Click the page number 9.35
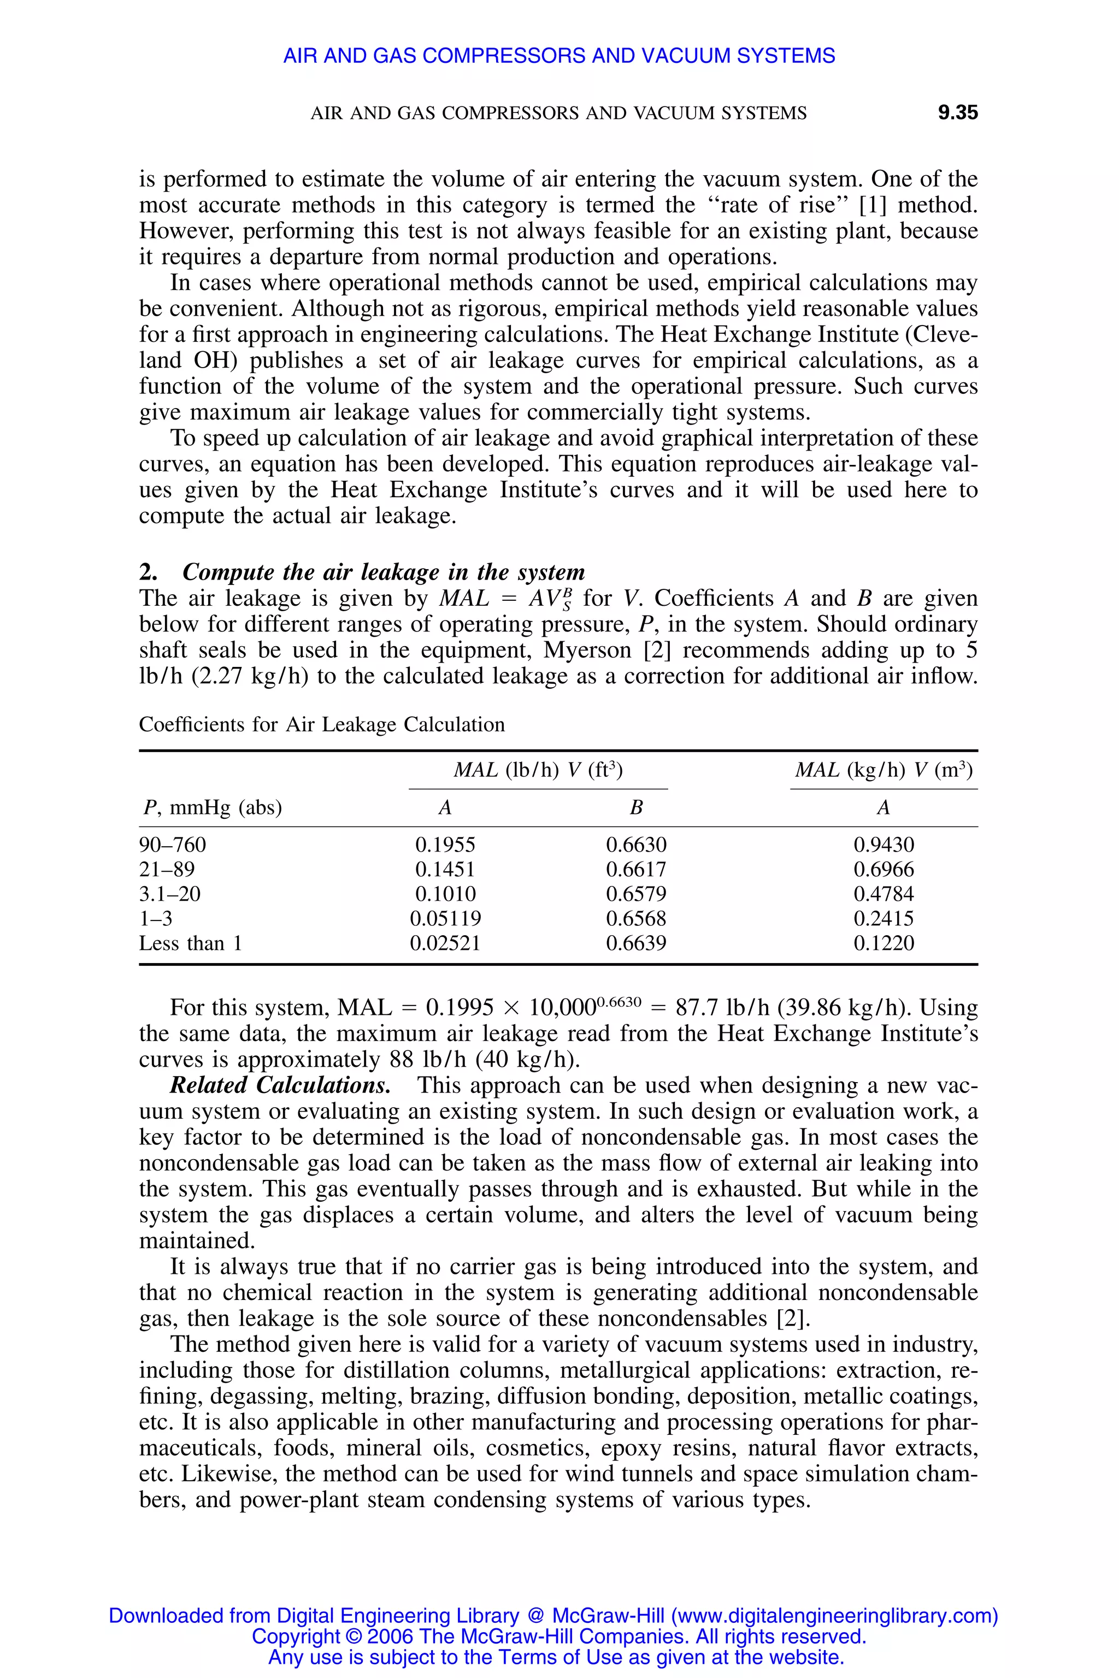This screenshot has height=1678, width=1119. pyautogui.click(x=957, y=113)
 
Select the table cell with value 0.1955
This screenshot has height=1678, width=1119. pyautogui.click(x=445, y=844)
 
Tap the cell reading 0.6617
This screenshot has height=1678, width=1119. pyautogui.click(x=636, y=869)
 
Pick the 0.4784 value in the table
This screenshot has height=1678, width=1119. pyautogui.click(x=884, y=894)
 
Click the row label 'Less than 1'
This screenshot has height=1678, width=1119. pyautogui.click(x=191, y=943)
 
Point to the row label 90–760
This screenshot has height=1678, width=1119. pyautogui.click(x=172, y=844)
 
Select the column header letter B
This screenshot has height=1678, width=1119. pyautogui.click(x=636, y=808)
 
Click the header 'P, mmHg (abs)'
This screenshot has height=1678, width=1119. pyautogui.click(x=212, y=808)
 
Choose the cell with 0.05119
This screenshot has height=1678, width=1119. pyautogui.click(x=445, y=918)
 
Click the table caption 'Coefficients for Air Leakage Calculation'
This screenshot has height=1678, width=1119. pyautogui.click(x=321, y=725)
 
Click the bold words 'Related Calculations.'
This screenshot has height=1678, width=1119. pyautogui.click(x=280, y=1085)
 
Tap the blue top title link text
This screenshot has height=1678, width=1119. pyautogui.click(x=559, y=56)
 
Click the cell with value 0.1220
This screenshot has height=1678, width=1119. pyautogui.click(x=884, y=943)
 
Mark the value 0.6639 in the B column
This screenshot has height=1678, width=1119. pyautogui.click(x=636, y=943)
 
